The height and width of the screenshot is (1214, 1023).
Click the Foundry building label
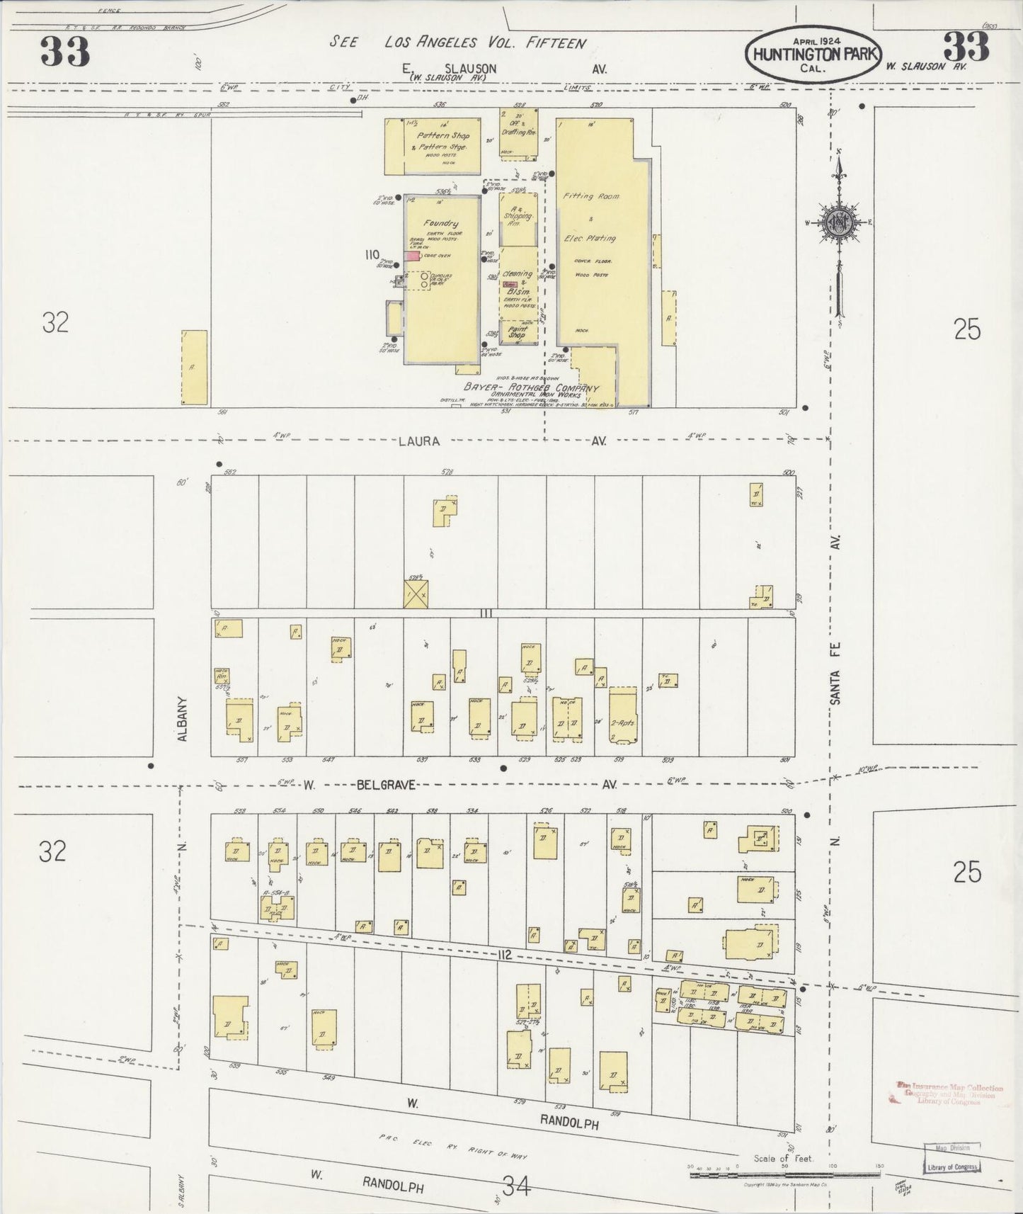click(x=441, y=223)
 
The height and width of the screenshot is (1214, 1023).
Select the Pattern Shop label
click(x=443, y=135)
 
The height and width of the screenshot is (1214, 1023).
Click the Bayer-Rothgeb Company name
click(x=531, y=388)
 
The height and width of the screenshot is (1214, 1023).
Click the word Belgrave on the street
click(x=385, y=785)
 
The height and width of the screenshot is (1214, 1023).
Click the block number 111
click(x=485, y=613)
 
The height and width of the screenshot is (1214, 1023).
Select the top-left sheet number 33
click(x=64, y=51)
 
